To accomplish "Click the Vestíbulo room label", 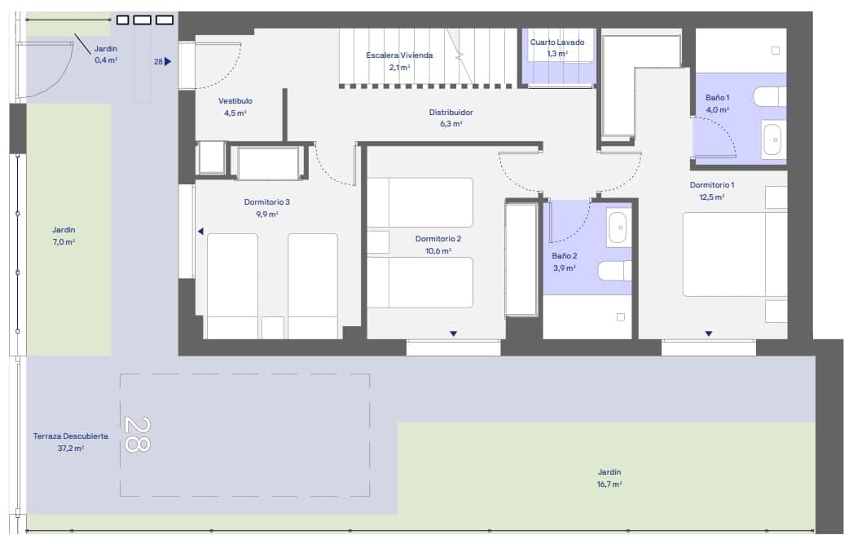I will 235,101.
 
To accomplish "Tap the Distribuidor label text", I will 451,113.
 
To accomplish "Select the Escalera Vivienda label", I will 399,55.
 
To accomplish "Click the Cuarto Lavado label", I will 556,42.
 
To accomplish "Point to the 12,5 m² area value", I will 712,197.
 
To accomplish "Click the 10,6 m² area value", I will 438,250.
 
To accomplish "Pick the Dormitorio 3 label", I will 266,202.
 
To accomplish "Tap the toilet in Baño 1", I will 769,97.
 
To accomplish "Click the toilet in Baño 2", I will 613,270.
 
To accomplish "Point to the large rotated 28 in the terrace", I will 138,434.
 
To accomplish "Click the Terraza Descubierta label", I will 71,436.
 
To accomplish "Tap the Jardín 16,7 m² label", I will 609,472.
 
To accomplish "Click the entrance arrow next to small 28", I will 168,61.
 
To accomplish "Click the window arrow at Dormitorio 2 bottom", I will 453,334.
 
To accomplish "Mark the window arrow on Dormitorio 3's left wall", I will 200,232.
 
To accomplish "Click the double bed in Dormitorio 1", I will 733,254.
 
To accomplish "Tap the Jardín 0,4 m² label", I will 106,49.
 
